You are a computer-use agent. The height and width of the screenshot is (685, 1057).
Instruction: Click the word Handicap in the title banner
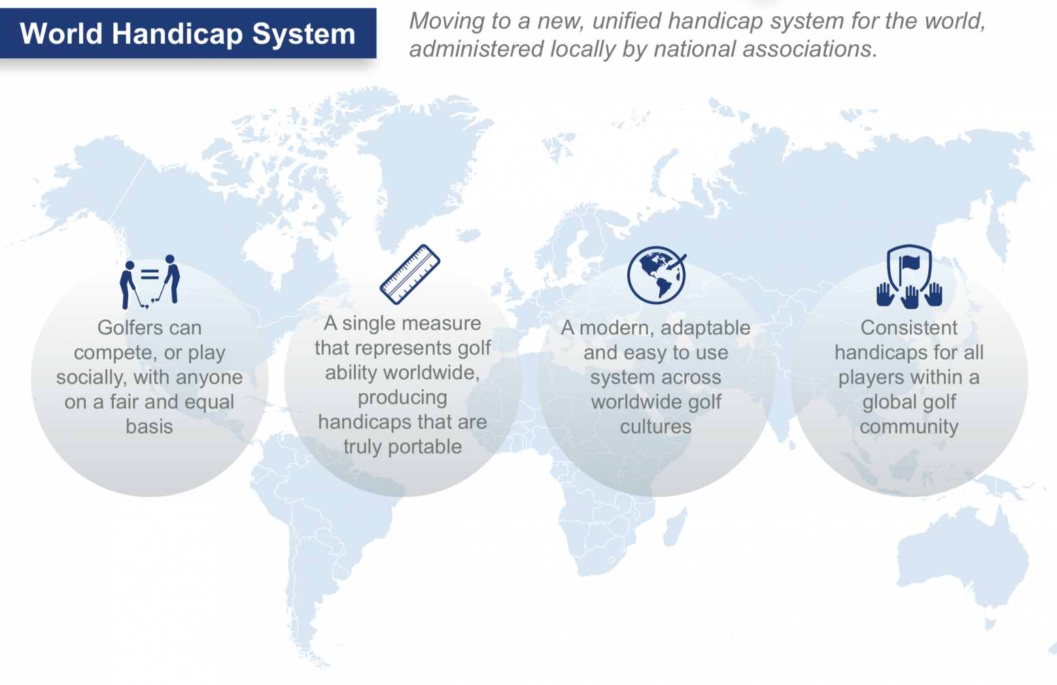177,35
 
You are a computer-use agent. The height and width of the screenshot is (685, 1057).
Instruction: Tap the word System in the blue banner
303,35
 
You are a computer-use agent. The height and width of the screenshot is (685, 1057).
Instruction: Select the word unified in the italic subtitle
626,21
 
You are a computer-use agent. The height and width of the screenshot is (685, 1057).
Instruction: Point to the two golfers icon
150,282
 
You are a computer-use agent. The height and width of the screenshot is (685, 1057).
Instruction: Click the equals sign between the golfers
150,274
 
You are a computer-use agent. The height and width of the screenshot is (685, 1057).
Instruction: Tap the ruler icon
409,274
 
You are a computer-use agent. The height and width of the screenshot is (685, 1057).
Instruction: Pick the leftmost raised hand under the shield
885,294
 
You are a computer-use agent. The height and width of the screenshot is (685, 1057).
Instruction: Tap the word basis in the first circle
149,427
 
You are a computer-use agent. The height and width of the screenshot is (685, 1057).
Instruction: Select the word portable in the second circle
425,447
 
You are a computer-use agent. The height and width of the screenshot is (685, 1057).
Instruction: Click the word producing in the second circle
402,398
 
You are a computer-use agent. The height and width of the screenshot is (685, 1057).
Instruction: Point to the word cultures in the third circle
655,427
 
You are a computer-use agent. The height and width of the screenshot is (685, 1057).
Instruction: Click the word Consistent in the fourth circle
909,328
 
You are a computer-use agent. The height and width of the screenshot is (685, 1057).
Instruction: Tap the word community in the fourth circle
909,427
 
